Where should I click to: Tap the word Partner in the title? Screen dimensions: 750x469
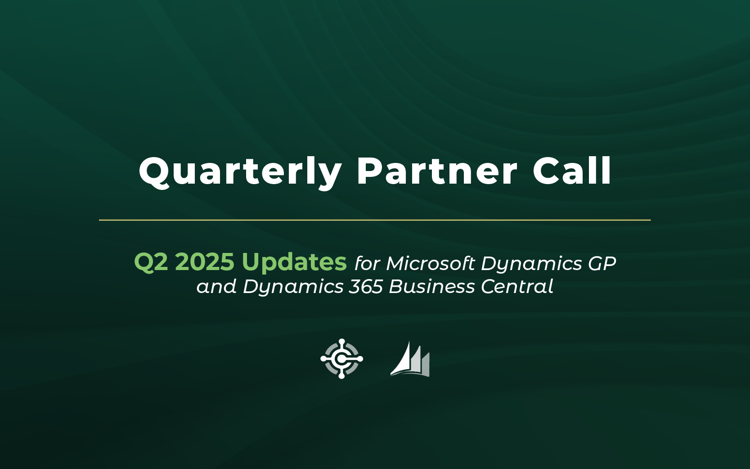[x=437, y=171]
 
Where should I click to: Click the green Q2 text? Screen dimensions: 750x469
[x=151, y=262]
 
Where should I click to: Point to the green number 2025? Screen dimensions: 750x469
[x=204, y=262]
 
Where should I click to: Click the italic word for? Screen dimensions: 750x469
[x=367, y=263]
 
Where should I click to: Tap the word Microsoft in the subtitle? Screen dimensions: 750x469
[x=431, y=263]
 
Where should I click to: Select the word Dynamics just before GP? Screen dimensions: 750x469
[x=531, y=264]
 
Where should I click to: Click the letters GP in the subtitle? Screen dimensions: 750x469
[x=602, y=263]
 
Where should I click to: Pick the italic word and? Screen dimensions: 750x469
[x=216, y=287]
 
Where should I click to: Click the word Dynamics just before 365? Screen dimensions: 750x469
[x=293, y=288]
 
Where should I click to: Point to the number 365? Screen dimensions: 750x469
[x=366, y=287]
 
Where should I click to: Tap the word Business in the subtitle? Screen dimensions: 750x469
[x=431, y=287]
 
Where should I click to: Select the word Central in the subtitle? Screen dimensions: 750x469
[x=517, y=287]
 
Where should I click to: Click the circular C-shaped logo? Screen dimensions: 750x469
[x=341, y=358]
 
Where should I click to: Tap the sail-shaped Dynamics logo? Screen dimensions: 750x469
[x=410, y=359]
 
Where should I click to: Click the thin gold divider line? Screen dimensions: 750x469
[x=375, y=220]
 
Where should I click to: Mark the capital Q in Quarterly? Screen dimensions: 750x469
[x=155, y=173]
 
